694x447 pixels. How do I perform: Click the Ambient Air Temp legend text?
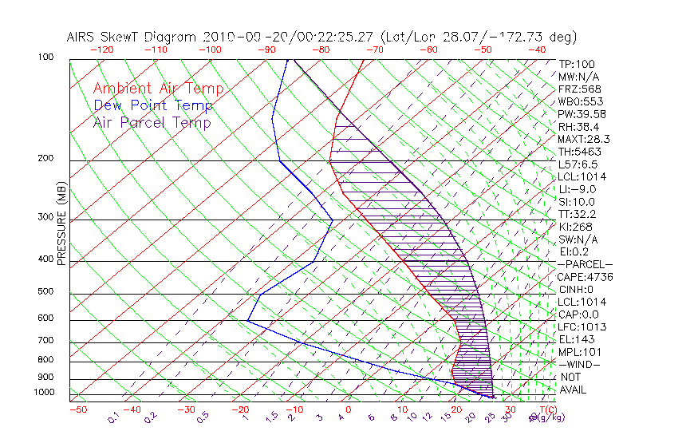pos(158,89)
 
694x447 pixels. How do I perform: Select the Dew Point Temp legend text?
pos(153,105)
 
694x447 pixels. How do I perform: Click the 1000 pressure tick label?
pos(45,393)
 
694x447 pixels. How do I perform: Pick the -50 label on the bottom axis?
pos(78,409)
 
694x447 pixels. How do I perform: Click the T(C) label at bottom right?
pos(543,409)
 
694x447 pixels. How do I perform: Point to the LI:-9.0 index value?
pos(578,189)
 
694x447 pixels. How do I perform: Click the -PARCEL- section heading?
pos(585,264)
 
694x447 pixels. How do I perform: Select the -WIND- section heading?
pos(580,364)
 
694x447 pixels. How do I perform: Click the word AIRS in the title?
pos(83,37)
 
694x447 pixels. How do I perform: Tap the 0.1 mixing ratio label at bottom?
pos(114,417)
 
